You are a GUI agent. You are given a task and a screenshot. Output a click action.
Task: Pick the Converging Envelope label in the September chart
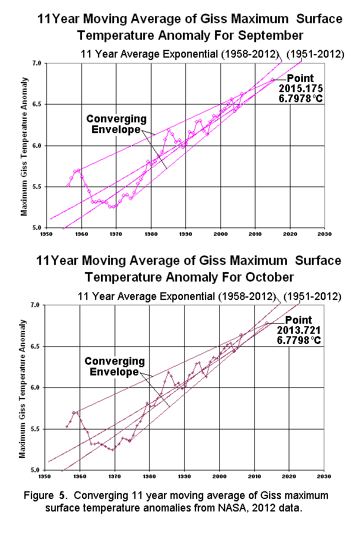point(113,124)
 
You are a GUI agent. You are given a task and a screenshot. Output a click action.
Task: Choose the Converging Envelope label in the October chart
point(114,367)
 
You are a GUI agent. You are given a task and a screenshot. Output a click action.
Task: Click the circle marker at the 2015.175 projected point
point(273,80)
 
